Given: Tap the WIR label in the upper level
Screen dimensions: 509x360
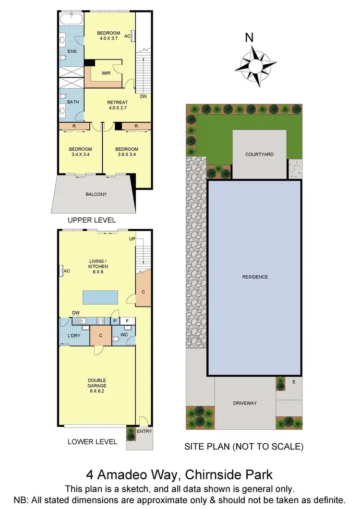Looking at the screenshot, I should pyautogui.click(x=107, y=73).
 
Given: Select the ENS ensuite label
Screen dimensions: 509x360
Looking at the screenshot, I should pyautogui.click(x=72, y=51).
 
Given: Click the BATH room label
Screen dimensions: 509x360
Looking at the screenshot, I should pyautogui.click(x=73, y=102).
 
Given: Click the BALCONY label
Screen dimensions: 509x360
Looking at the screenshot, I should pyautogui.click(x=96, y=194).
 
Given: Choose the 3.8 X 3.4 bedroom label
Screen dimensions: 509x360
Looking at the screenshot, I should pyautogui.click(x=127, y=152).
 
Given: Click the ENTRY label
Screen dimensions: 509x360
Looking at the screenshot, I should pyautogui.click(x=144, y=431).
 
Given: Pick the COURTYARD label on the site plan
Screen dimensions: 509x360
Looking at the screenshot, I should pyautogui.click(x=259, y=154).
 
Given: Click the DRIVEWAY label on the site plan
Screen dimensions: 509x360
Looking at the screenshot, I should pyautogui.click(x=245, y=403).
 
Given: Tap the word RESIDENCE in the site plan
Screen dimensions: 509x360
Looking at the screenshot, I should pyautogui.click(x=255, y=277).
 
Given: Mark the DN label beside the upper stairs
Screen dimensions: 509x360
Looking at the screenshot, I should pyautogui.click(x=143, y=96).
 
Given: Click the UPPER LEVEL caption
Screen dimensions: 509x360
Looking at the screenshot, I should pyautogui.click(x=92, y=220).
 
